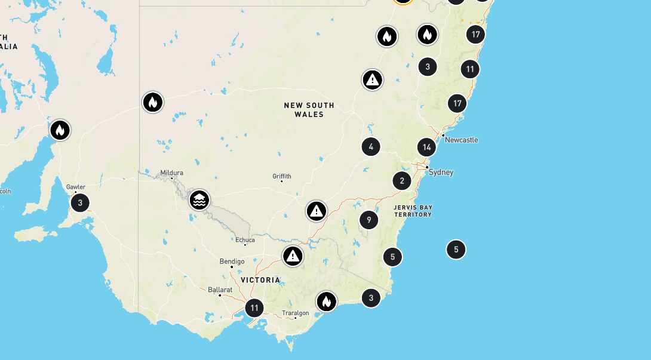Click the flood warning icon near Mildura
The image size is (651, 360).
click(199, 200)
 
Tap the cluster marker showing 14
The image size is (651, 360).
click(426, 147)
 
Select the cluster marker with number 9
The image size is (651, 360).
click(369, 220)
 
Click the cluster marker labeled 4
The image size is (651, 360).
click(371, 146)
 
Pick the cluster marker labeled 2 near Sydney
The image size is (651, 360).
click(402, 181)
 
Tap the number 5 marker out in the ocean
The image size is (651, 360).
click(456, 250)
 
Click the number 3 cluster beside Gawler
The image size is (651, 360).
click(80, 202)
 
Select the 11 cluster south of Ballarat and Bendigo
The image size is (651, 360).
click(254, 308)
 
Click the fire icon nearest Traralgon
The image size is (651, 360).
click(326, 301)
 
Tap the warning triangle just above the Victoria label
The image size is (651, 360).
click(293, 256)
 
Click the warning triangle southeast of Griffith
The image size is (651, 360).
click(317, 211)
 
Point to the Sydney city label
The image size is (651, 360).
click(441, 173)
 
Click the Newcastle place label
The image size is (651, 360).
click(462, 140)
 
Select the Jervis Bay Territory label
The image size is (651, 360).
click(413, 211)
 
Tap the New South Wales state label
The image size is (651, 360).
click(309, 110)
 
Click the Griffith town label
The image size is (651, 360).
click(282, 176)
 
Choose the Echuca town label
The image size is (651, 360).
click(245, 241)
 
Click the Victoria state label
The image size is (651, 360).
click(260, 280)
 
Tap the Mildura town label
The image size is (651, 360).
click(172, 173)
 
